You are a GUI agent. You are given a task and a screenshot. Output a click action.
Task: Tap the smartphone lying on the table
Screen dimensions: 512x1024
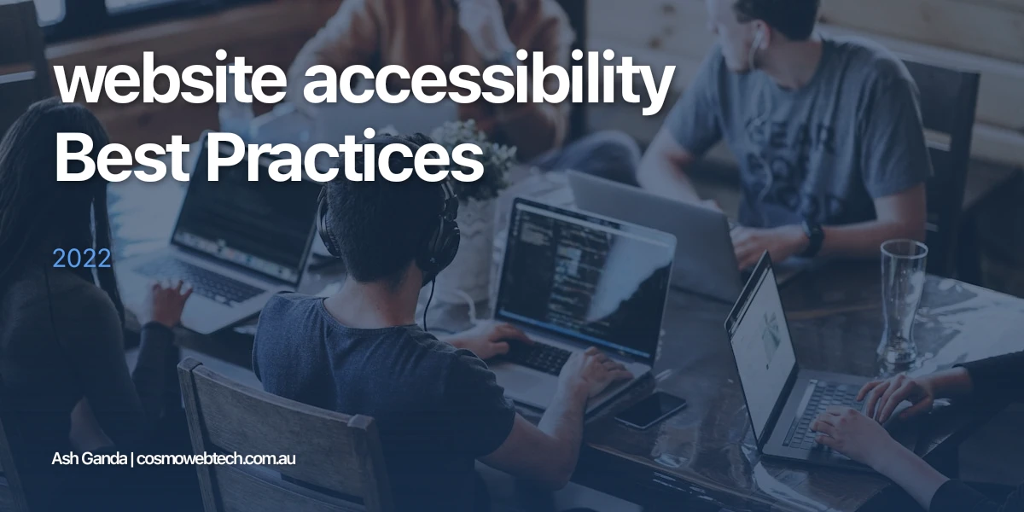coord(649,409)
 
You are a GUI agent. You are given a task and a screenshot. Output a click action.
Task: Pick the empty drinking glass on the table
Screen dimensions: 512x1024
coord(903,299)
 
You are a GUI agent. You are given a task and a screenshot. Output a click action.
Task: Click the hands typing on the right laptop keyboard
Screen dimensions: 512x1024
coord(862,410)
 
